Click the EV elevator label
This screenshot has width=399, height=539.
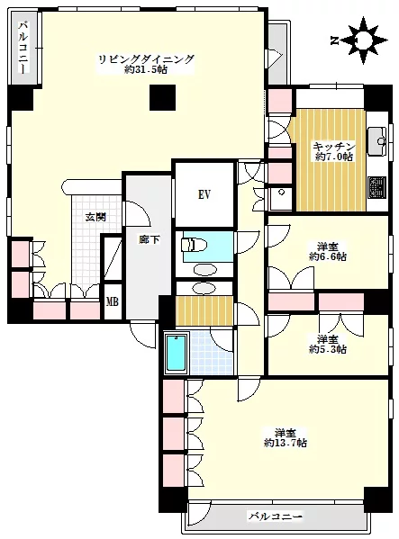(204, 193)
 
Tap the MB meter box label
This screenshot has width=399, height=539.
(112, 301)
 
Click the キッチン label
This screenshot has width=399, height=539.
(333, 146)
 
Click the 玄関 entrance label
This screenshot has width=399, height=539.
(94, 217)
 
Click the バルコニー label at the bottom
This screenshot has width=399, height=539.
(275, 516)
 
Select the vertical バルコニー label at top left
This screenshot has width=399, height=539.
(23, 50)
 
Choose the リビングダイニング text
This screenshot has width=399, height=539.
(147, 60)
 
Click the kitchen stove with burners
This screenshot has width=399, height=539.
(375, 187)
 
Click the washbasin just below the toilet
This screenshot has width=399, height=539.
(205, 270)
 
